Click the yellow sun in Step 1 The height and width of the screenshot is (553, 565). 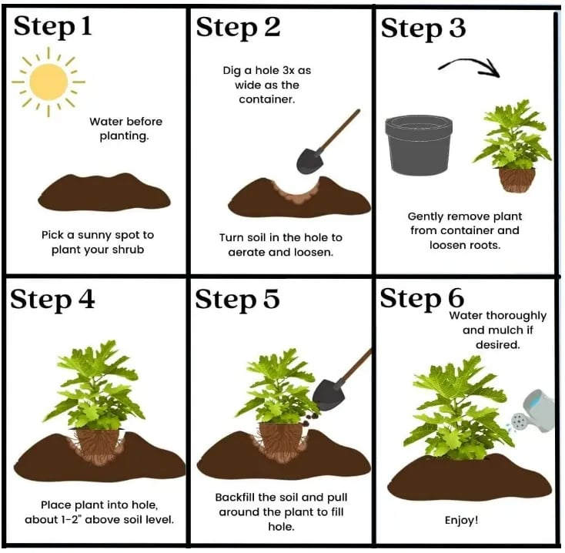click(x=48, y=82)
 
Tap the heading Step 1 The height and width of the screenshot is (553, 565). click(x=52, y=27)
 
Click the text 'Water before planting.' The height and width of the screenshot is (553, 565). click(x=125, y=129)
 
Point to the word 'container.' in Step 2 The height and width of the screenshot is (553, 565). click(x=266, y=99)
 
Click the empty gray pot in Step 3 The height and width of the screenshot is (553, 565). click(x=419, y=145)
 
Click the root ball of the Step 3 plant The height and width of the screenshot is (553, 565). click(x=517, y=179)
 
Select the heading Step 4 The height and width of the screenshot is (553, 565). click(x=52, y=300)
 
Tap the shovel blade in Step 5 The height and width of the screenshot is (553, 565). click(x=328, y=395)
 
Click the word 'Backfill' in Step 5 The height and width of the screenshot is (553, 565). click(x=236, y=498)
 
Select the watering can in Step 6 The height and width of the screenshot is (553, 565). click(x=534, y=412)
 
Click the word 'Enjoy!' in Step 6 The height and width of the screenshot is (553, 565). click(x=461, y=520)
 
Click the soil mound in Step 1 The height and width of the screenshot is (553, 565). click(x=104, y=193)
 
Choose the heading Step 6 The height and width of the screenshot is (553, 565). click(x=422, y=299)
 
